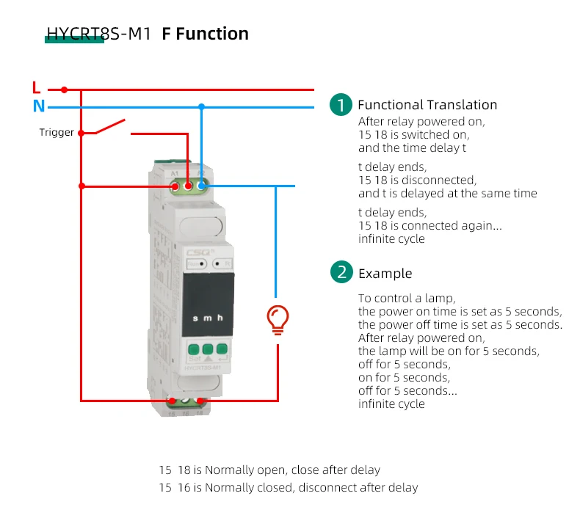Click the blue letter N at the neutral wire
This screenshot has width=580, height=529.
(x=38, y=106)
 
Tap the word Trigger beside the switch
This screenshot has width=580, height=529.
(x=57, y=133)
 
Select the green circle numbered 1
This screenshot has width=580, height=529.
(x=341, y=105)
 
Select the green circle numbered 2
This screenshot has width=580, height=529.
(x=341, y=273)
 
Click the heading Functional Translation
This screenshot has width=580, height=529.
(x=427, y=105)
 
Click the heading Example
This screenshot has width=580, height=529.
(x=385, y=274)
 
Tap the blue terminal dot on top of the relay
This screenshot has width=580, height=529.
(x=200, y=187)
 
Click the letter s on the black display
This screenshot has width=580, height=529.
(x=195, y=318)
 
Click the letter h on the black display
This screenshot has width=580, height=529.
(x=220, y=318)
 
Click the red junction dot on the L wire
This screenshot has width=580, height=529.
(x=64, y=90)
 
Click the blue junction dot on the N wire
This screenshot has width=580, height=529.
(x=201, y=107)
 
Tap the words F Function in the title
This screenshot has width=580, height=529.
(x=205, y=34)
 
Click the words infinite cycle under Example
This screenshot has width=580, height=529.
(x=391, y=404)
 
